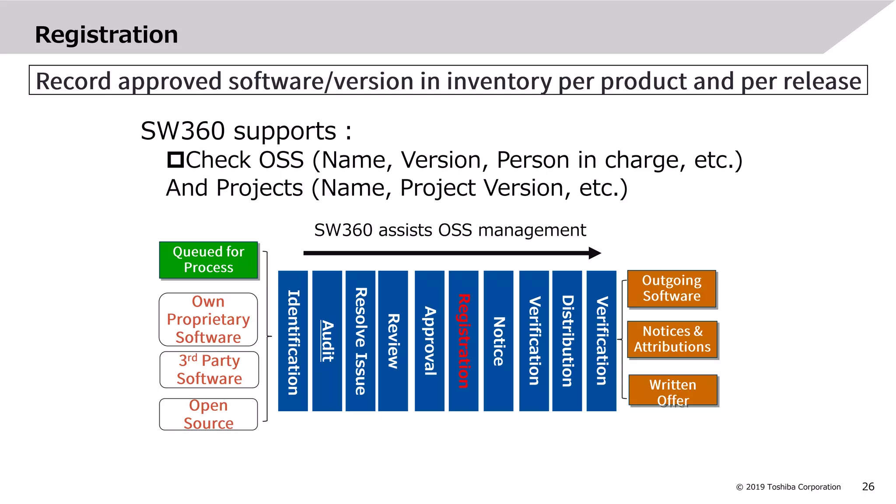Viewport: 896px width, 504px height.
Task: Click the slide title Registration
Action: [106, 35]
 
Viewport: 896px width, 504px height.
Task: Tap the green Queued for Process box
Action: [208, 260]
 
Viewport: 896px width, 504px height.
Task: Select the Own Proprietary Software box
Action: [208, 319]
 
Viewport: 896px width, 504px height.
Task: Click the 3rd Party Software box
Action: [209, 370]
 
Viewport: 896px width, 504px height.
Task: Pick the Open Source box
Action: [208, 414]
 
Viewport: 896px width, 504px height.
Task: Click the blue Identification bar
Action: [293, 341]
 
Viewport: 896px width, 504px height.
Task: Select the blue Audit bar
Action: [327, 341]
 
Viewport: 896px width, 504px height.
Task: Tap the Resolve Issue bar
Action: [360, 341]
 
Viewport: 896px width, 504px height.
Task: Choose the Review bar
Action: [393, 341]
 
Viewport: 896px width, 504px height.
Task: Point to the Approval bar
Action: [429, 341]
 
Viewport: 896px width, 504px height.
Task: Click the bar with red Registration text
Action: [463, 341]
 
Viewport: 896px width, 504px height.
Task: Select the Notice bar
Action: [498, 341]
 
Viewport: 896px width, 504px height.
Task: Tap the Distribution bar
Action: [567, 341]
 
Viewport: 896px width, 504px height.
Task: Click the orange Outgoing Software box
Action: [672, 289]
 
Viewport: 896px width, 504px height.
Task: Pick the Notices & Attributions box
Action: [672, 339]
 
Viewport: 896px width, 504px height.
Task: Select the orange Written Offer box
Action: [673, 390]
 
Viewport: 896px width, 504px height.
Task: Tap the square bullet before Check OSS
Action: [175, 160]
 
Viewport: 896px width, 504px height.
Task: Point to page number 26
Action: [868, 486]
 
